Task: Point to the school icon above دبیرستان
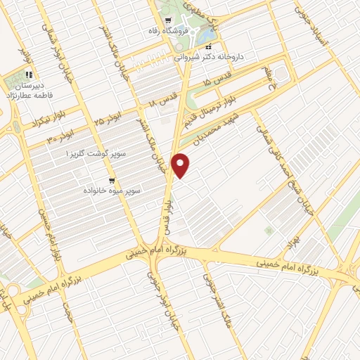point(28,74)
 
